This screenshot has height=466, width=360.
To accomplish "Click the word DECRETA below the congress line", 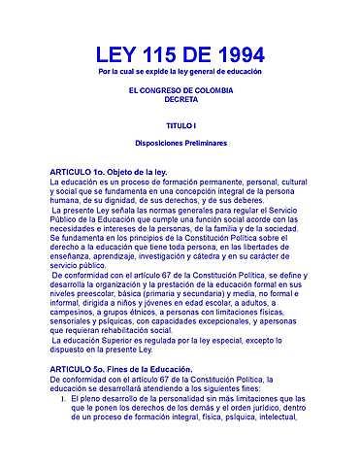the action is pos(180,98).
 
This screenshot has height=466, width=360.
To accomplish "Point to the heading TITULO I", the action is pos(180,126).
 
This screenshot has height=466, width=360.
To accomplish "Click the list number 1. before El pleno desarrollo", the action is pos(62,398).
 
